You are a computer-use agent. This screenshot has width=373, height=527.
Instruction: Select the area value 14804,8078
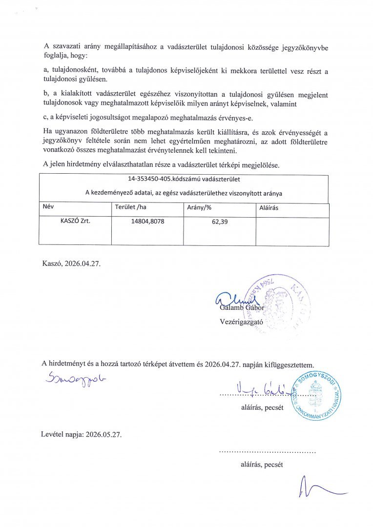click(x=147, y=222)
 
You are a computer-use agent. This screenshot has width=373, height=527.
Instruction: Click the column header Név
click(x=48, y=207)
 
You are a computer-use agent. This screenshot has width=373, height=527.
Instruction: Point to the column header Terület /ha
click(x=130, y=207)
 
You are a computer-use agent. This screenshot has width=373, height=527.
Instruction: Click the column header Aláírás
click(x=269, y=208)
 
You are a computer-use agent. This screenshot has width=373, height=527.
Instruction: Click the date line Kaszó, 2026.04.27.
click(x=73, y=264)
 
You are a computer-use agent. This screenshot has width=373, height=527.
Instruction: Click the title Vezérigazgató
click(x=242, y=322)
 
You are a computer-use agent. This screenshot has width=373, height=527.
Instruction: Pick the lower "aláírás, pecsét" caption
click(x=261, y=465)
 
